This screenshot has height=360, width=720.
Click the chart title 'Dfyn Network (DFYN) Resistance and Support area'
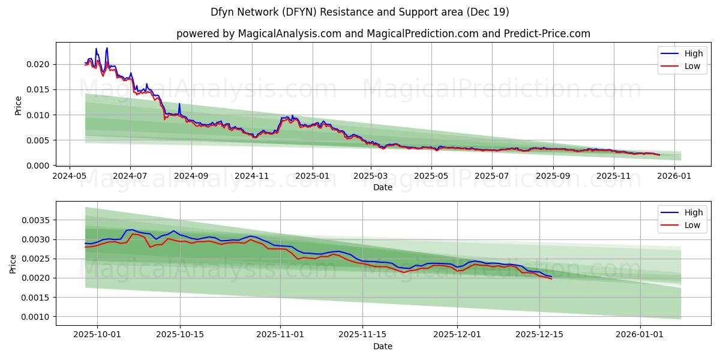359,12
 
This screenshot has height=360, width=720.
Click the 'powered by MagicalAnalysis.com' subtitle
383,34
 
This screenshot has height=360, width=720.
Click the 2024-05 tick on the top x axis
70,176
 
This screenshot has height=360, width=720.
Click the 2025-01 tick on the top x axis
313,176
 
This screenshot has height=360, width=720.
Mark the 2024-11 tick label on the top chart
252,176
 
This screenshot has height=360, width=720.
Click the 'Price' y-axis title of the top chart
18,106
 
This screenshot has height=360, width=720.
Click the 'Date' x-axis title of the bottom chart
383,346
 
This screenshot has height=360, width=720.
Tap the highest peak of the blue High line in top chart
107,48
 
